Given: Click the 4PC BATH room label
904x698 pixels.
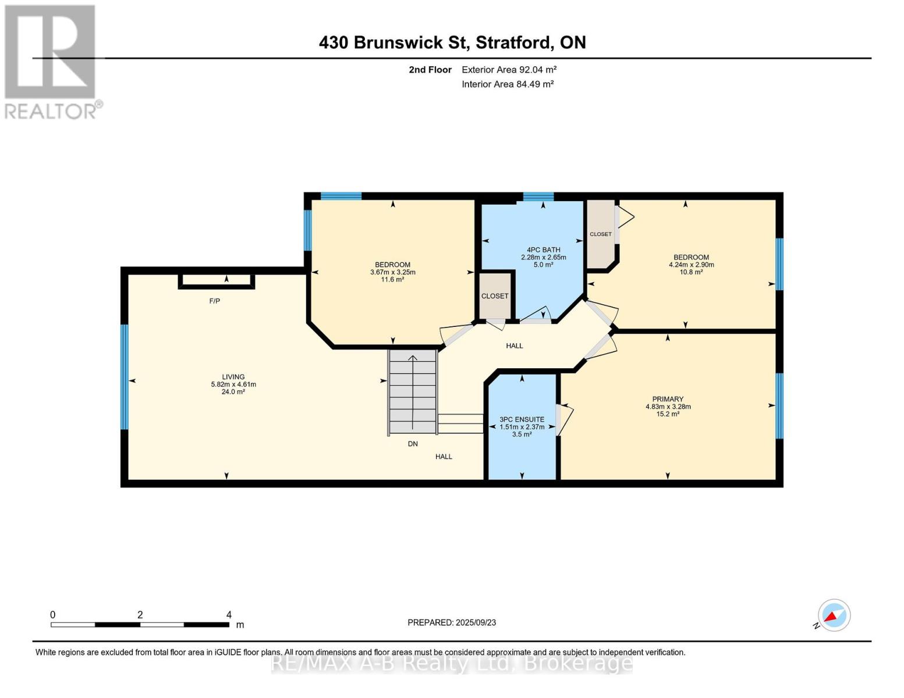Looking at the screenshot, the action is pyautogui.click(x=543, y=250).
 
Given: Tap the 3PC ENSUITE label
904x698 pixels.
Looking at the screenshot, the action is pyautogui.click(x=522, y=419).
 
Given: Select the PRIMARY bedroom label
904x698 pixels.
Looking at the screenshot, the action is pyautogui.click(x=668, y=399).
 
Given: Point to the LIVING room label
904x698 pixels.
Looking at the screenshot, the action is pyautogui.click(x=233, y=377).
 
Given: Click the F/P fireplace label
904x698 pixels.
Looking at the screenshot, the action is pyautogui.click(x=215, y=301).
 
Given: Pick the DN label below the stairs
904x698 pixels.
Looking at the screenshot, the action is pyautogui.click(x=413, y=444).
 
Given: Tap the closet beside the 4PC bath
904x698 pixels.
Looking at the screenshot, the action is pyautogui.click(x=495, y=295).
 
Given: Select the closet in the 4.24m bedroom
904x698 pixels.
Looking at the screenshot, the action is pyautogui.click(x=601, y=234).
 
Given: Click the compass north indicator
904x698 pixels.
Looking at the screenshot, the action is pyautogui.click(x=834, y=615).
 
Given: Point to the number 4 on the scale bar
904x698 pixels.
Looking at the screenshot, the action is pyautogui.click(x=229, y=614).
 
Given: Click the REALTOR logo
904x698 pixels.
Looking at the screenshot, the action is pyautogui.click(x=51, y=62).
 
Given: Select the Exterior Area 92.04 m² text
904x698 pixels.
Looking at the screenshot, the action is pyautogui.click(x=509, y=69).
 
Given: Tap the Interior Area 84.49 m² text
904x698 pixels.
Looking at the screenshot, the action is pyautogui.click(x=508, y=84).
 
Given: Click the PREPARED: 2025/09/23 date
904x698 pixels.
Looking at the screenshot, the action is pyautogui.click(x=452, y=622).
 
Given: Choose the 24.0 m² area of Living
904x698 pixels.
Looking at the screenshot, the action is pyautogui.click(x=233, y=391).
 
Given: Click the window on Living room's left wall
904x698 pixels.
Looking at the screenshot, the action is pyautogui.click(x=124, y=377).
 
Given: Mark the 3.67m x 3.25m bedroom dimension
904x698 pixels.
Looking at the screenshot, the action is pyautogui.click(x=393, y=272).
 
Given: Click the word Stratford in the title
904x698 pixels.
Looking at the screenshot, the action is pyautogui.click(x=514, y=42).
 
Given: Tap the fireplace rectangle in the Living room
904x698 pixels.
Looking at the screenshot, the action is pyautogui.click(x=217, y=282).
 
